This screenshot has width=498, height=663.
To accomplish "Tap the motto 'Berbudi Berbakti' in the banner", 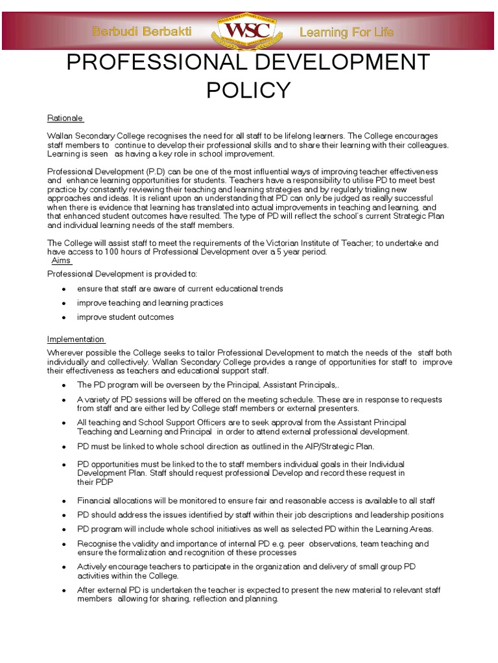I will [x=146, y=32].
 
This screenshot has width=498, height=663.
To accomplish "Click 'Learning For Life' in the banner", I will [x=346, y=32].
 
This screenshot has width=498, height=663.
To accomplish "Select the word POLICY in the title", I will [x=249, y=91].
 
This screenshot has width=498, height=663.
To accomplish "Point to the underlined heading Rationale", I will [x=65, y=118].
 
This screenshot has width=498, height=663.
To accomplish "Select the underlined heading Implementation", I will [x=76, y=339].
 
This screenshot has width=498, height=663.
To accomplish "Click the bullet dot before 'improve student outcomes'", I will [x=64, y=318].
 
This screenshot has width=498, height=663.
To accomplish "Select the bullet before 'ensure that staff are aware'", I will [x=64, y=289].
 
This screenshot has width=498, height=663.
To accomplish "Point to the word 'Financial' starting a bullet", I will [x=94, y=500].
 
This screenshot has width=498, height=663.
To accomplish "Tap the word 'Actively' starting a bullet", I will [x=91, y=567].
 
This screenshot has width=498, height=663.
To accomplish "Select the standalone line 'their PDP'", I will [x=95, y=482].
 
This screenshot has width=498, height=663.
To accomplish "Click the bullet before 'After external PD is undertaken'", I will [x=64, y=590].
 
